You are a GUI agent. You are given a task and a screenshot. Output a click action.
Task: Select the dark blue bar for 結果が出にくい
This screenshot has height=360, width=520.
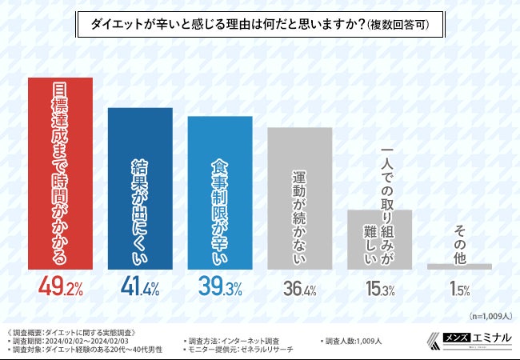(140, 188)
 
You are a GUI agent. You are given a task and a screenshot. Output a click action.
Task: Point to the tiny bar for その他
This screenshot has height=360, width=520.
(459, 266)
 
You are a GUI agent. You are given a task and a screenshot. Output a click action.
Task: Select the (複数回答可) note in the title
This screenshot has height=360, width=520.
(395, 26)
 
